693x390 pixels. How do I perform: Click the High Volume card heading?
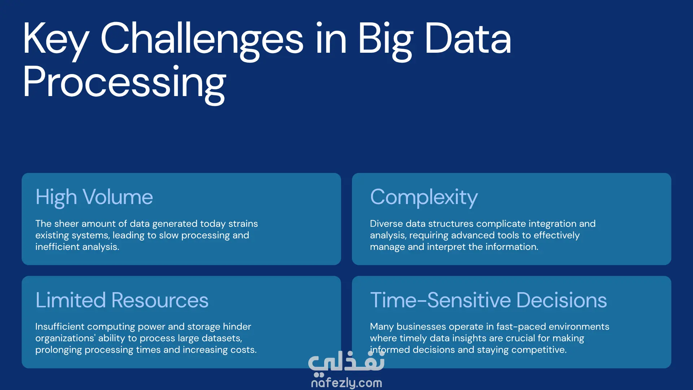[94, 197]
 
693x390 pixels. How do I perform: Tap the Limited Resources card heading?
[122, 300]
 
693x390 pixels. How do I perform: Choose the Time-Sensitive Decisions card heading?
[488, 300]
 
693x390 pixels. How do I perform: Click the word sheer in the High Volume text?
[66, 224]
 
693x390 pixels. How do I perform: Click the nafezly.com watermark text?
[346, 383]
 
